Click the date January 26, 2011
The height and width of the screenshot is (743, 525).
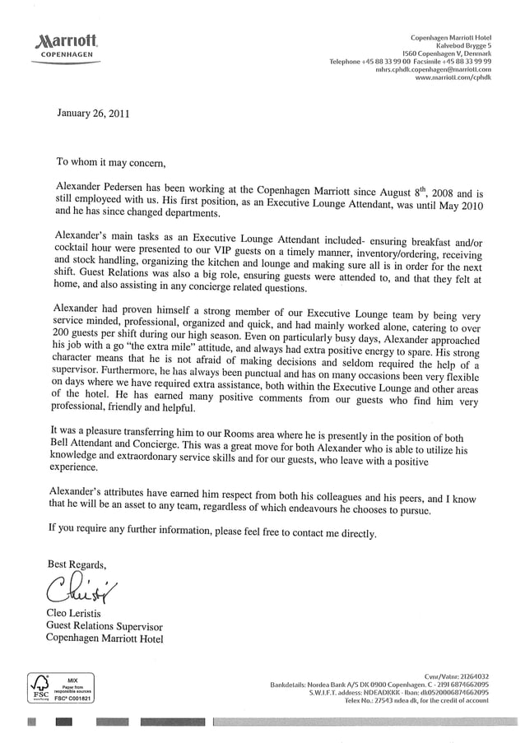[92, 113]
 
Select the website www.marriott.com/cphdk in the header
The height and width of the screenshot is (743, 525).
[453, 78]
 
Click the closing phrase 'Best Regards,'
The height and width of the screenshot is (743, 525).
[77, 563]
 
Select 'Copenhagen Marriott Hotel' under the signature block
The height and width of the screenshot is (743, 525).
[105, 638]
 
